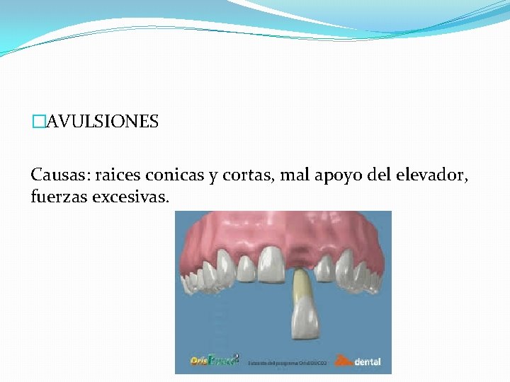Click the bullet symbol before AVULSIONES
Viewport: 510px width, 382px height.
38,122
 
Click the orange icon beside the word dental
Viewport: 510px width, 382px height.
342,360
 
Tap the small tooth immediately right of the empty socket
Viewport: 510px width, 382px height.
325,267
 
